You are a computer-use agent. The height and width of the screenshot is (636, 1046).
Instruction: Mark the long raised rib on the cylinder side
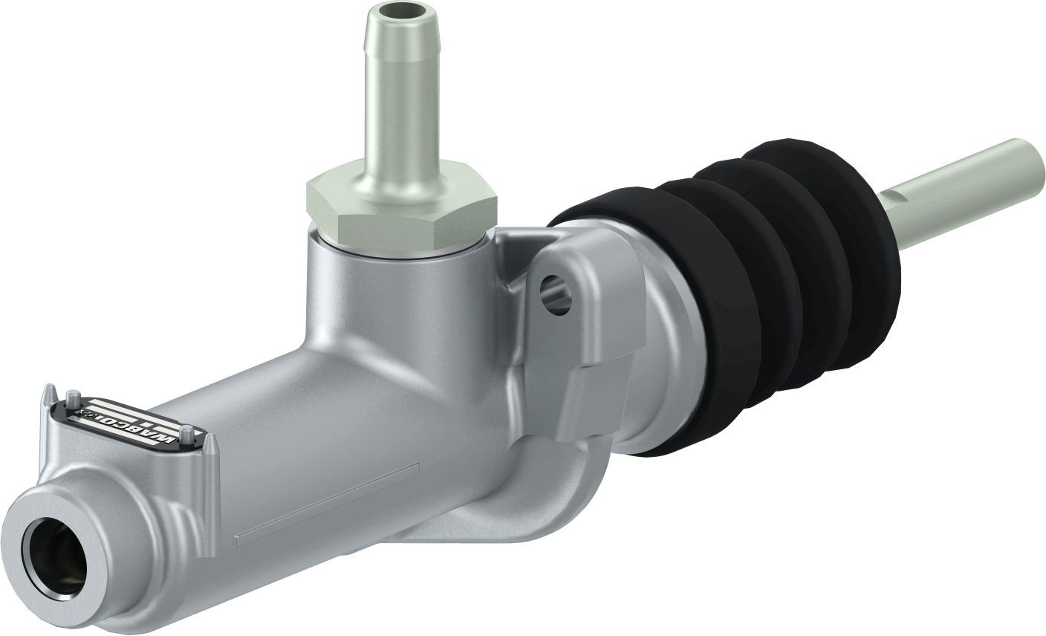pyautogui.click(x=327, y=505)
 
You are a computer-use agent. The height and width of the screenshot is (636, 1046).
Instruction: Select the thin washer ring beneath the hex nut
pyautogui.click(x=401, y=251)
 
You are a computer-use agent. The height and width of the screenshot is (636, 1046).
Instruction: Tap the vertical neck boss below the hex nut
pyautogui.click(x=394, y=297)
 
